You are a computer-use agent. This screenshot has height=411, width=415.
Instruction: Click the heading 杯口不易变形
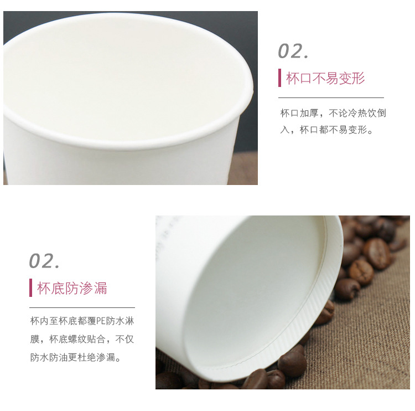[x=325, y=78]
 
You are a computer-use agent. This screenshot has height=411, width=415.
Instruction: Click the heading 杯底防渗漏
[x=72, y=288]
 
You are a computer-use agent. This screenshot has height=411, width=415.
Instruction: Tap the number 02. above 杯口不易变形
[x=293, y=51]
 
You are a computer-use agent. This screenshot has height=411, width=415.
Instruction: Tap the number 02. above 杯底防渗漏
[x=45, y=260]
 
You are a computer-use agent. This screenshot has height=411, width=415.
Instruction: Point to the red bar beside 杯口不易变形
[x=280, y=78]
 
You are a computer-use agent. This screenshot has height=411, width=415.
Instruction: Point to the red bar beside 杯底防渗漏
[x=31, y=288]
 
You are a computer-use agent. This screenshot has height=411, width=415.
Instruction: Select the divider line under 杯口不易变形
[x=331, y=97]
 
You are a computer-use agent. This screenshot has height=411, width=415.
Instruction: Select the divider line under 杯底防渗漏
[x=82, y=307]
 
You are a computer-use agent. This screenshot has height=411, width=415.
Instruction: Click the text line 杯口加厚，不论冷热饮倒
[x=333, y=114]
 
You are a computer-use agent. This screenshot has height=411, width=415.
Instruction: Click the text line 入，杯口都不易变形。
[x=327, y=130]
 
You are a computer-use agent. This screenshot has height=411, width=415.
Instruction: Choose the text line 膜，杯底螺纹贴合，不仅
[x=82, y=339]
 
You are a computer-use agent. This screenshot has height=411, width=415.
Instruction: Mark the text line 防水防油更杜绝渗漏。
[x=75, y=357]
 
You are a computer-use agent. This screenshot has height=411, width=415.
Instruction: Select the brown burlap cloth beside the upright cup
[x=243, y=169]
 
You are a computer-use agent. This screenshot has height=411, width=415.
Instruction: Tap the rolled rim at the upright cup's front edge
[x=127, y=145]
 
